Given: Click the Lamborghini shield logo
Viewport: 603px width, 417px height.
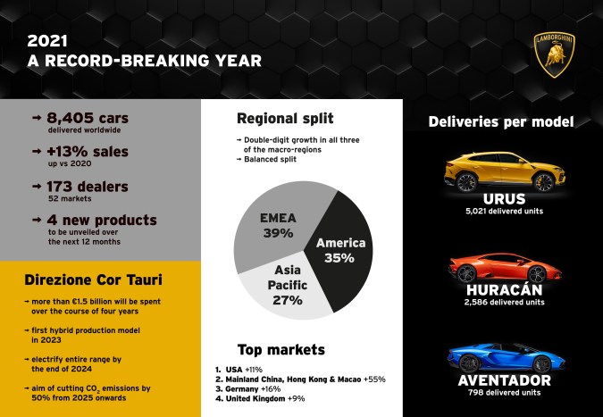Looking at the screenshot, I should pos(554,54).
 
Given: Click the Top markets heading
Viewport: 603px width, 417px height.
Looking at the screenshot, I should pos(281,349).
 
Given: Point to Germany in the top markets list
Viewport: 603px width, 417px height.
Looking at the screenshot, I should pos(246,390).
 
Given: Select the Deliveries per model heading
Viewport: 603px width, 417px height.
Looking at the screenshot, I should pos(501,121).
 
